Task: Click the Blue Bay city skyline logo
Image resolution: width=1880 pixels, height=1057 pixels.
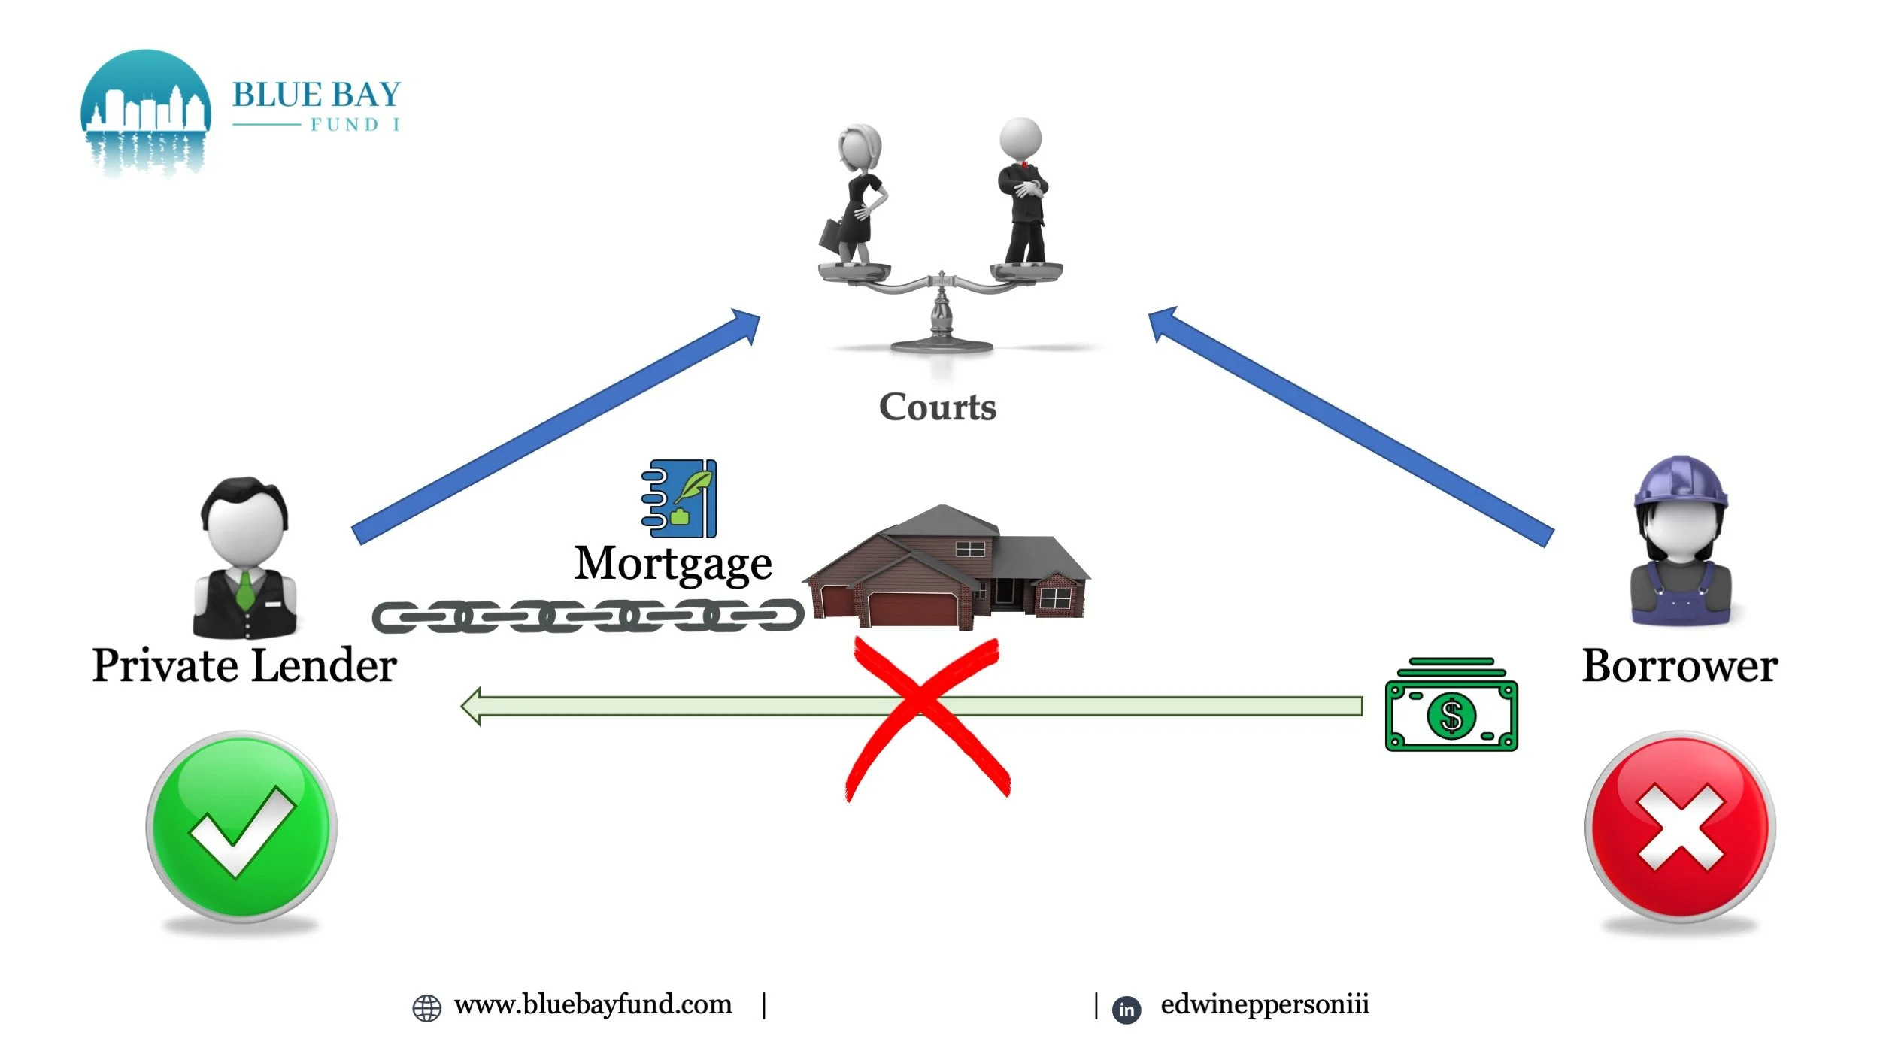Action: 146,113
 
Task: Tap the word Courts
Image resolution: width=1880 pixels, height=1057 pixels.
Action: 938,407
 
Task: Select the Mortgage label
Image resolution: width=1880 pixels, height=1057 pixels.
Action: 673,564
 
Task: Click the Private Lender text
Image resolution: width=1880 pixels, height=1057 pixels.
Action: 244,666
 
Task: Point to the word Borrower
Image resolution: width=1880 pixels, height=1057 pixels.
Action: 1679,666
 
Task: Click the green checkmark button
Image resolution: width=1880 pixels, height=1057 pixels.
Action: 241,826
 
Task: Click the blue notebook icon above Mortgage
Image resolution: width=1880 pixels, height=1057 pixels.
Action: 680,498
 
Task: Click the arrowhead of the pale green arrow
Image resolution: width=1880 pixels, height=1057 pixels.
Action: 472,707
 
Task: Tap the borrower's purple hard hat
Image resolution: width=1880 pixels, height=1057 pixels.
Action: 1681,481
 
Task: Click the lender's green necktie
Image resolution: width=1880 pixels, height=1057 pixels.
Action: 245,590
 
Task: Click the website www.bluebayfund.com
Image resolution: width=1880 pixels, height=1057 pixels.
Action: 593,1005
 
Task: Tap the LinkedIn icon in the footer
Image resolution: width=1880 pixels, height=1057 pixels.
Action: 1126,1009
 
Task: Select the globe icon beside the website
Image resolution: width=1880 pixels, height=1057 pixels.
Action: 427,1008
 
